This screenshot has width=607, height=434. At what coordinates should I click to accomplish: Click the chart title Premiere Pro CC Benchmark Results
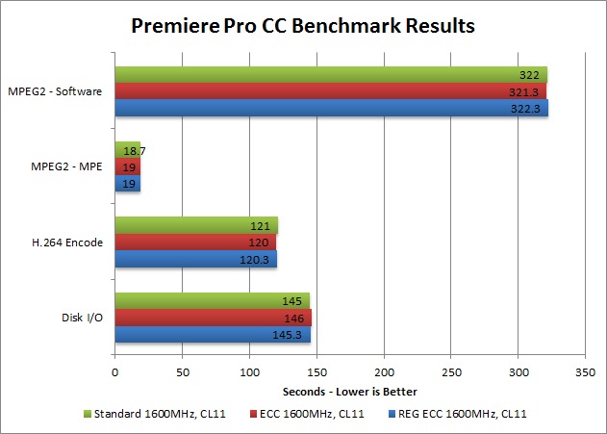tap(303, 26)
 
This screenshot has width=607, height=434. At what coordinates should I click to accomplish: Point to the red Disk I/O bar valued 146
tap(213, 317)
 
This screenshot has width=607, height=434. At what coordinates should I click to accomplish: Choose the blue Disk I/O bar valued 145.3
tap(212, 334)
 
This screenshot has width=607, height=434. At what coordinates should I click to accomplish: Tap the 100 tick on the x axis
tap(249, 371)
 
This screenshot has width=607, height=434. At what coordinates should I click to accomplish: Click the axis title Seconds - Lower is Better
tap(350, 393)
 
